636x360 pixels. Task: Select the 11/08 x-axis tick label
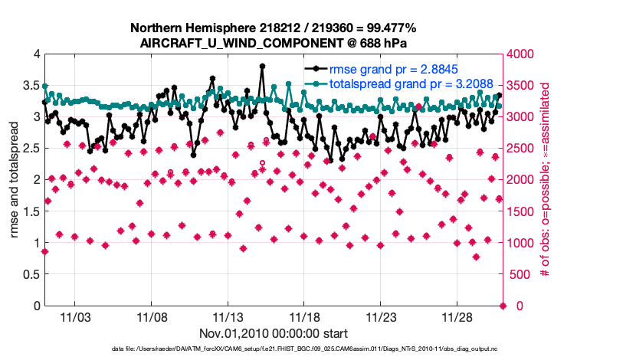pos(152,316)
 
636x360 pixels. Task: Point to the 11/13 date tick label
pos(228,316)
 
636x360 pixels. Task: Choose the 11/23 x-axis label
pos(382,316)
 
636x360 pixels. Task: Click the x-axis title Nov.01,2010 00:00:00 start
pos(274,333)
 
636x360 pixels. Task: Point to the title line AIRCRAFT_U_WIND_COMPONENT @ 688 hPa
pos(274,42)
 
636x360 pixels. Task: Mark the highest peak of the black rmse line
pos(262,66)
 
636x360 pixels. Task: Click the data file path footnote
pos(274,349)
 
